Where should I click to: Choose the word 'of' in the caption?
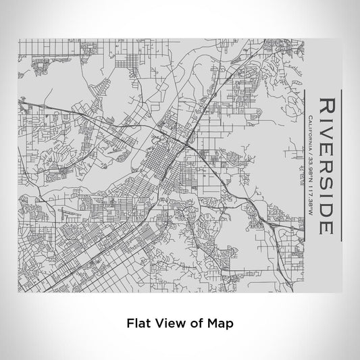pos(192,323)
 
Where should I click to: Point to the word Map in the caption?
pos(217,323)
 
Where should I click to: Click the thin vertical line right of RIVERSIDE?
pos(342,165)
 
